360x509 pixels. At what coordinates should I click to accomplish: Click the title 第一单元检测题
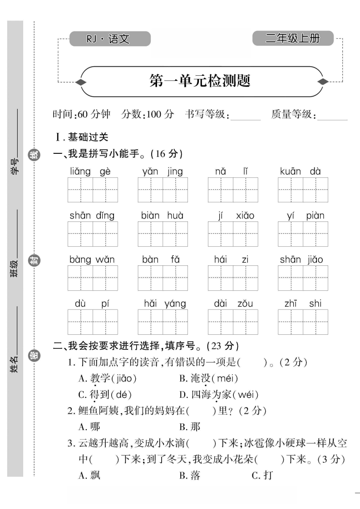tap(200, 82)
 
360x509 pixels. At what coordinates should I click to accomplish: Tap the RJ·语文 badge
tap(109, 39)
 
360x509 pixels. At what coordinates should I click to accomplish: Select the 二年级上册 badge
tap(293, 39)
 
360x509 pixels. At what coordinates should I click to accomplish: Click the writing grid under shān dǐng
tap(93, 234)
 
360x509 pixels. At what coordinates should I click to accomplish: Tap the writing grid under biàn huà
tap(163, 234)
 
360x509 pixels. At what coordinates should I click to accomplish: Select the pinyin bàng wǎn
tap(92, 259)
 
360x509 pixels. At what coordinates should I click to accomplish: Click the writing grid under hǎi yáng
tap(163, 322)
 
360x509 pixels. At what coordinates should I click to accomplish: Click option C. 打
tap(262, 475)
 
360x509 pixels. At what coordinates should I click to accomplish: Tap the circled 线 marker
tap(34, 155)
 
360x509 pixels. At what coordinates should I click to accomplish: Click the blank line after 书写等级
tap(246, 116)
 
